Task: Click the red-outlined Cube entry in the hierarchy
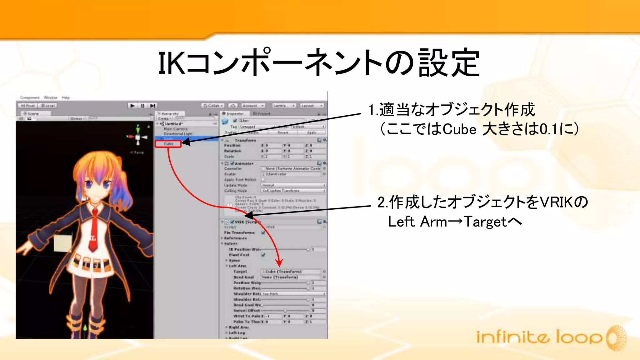point(168,144)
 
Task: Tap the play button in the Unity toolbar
point(132,106)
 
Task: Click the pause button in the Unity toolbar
point(142,106)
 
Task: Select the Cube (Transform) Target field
point(291,272)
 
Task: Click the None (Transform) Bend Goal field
point(291,277)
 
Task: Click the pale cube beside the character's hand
point(63,243)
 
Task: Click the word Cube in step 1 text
point(459,129)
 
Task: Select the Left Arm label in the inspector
point(237,266)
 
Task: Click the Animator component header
point(244,163)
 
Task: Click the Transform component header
point(245,140)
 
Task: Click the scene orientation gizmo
point(138,137)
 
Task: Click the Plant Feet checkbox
point(263,255)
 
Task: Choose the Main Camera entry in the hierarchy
point(176,129)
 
